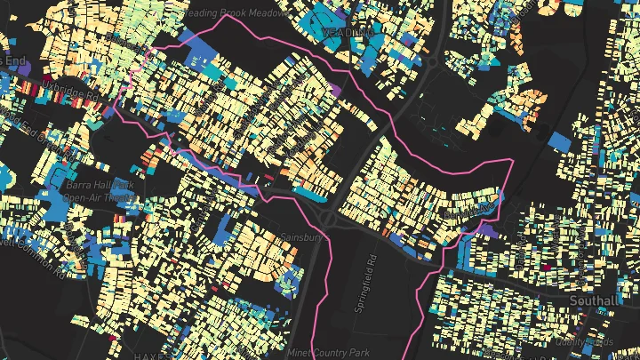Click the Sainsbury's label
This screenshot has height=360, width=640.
click(271, 238)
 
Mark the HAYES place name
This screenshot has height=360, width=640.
click(147, 354)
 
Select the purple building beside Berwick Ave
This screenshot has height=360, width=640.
click(486, 230)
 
